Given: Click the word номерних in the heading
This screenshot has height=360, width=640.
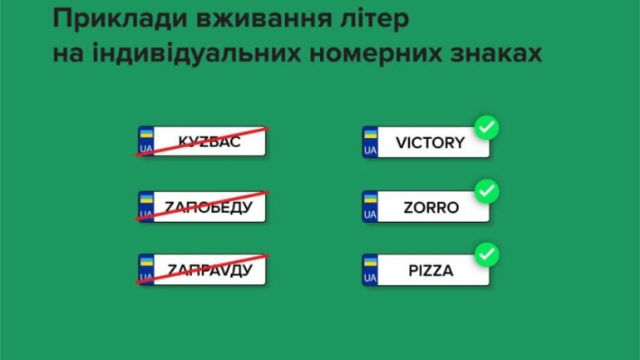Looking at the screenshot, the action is click(376, 54).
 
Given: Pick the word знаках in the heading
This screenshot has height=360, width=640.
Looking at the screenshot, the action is click(496, 54).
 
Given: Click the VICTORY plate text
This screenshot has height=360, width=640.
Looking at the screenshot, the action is click(431, 143).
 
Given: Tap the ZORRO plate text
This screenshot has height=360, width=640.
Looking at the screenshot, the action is click(431, 207).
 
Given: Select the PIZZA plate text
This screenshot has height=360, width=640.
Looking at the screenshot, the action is click(431, 270).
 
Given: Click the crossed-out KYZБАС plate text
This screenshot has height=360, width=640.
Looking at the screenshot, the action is click(209, 141).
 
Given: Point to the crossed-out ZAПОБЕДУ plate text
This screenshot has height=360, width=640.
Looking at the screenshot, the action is click(209, 207).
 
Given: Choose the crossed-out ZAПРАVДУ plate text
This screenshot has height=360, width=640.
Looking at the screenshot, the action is click(209, 270).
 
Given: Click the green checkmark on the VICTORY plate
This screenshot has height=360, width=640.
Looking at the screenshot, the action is click(486, 127).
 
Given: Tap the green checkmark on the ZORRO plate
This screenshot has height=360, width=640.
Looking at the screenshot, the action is click(486, 191).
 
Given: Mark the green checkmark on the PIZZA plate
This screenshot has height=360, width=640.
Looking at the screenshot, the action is click(486, 254).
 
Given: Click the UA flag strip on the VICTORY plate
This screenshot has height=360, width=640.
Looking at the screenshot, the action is click(370, 142).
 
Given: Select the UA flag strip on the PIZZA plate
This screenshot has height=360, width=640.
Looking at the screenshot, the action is click(370, 270).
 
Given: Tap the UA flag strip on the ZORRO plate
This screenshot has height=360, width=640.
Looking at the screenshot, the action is click(370, 206).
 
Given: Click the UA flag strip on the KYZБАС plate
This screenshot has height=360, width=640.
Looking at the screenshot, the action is click(146, 141).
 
